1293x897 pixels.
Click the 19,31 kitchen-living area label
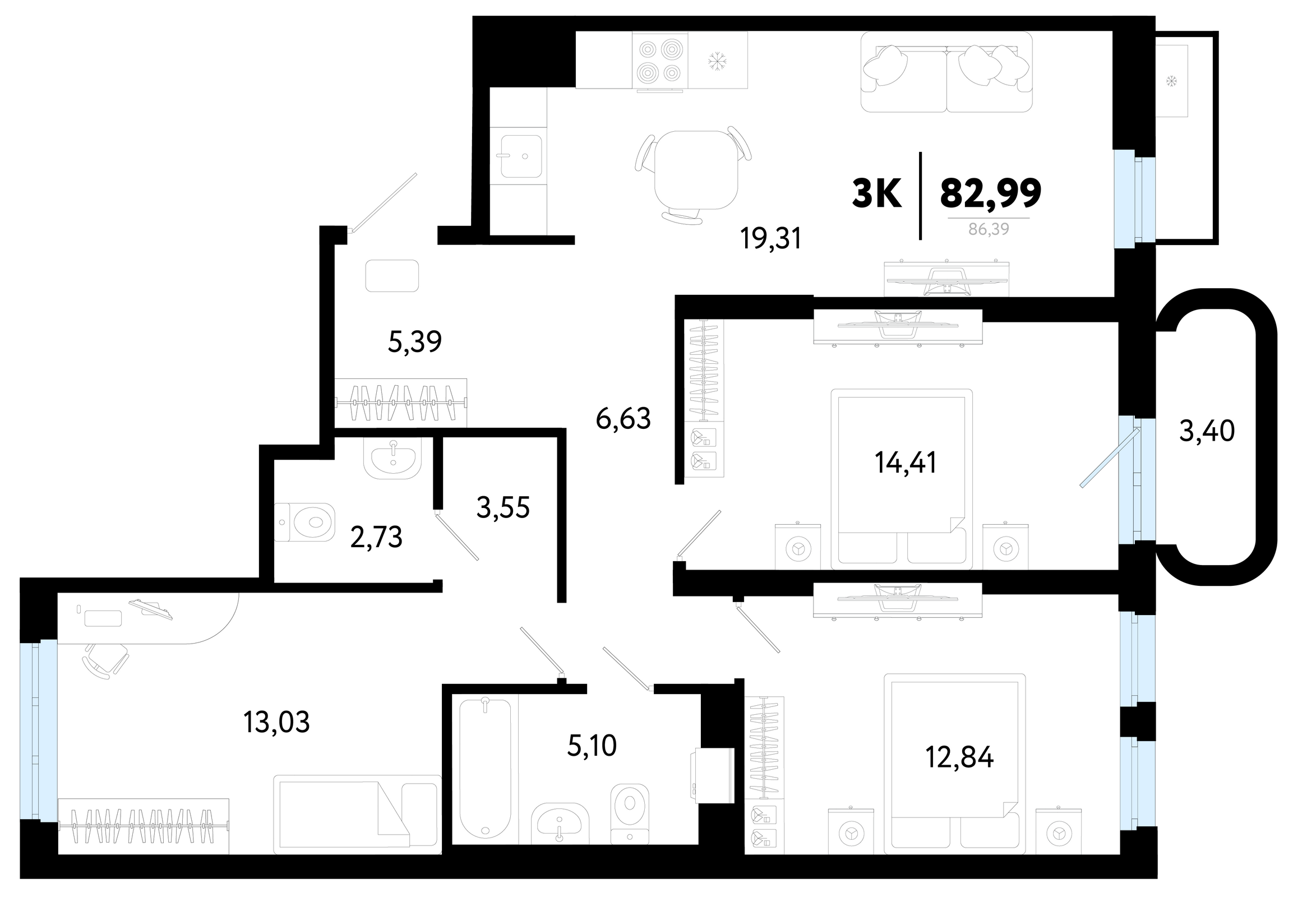(x=770, y=239)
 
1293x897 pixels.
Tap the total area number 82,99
(x=991, y=193)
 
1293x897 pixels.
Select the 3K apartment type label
(x=877, y=193)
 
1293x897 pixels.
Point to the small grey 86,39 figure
(x=989, y=229)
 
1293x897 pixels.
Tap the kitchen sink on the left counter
(x=521, y=156)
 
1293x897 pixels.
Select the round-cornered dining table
(x=696, y=170)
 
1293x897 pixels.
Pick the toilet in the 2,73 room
(x=304, y=522)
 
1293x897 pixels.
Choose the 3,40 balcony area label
(x=1207, y=431)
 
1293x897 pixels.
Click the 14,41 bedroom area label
(x=905, y=463)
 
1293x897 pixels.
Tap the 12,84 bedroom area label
(x=959, y=757)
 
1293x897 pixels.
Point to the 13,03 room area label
(x=276, y=722)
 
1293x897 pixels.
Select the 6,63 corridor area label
(x=624, y=419)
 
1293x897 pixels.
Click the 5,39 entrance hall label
(x=415, y=342)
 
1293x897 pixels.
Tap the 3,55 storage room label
(x=503, y=508)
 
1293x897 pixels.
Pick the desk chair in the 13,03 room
(x=105, y=661)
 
